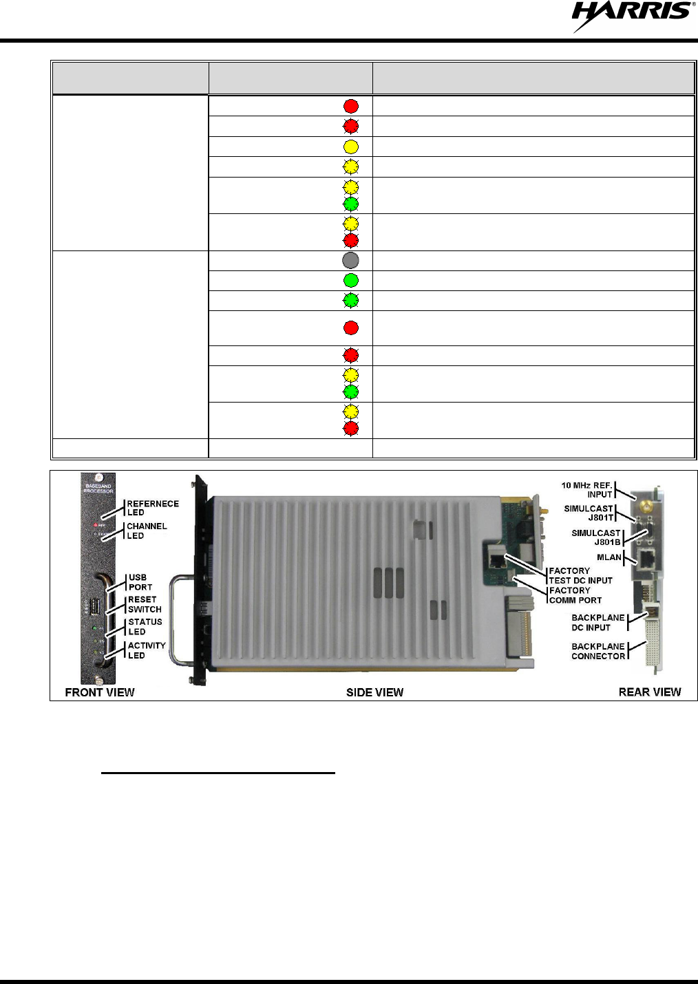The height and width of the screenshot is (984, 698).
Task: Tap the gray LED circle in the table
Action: pyautogui.click(x=351, y=260)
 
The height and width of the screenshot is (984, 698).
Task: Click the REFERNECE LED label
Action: pyautogui.click(x=152, y=508)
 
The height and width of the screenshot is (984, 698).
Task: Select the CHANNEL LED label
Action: pyautogui.click(x=146, y=531)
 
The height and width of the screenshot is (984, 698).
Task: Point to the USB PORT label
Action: pyautogui.click(x=140, y=582)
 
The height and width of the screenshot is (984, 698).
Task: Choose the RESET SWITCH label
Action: pyautogui.click(x=145, y=604)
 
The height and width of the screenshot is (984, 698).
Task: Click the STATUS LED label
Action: pyautogui.click(x=145, y=626)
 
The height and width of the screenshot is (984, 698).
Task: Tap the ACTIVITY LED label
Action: pyautogui.click(x=146, y=650)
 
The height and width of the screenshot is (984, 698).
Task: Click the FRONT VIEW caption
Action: pyautogui.click(x=100, y=692)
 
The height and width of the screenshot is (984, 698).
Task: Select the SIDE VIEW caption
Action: pyautogui.click(x=374, y=692)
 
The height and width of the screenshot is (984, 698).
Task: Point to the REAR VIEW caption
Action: pyautogui.click(x=649, y=692)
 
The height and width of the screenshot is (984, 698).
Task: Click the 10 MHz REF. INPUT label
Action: pyautogui.click(x=586, y=489)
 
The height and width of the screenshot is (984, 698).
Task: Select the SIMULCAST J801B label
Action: pyautogui.click(x=596, y=537)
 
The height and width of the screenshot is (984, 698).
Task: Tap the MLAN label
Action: pyautogui.click(x=609, y=557)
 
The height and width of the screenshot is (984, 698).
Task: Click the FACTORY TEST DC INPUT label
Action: pyautogui.click(x=580, y=575)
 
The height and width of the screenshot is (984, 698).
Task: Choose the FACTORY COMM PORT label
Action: pyautogui.click(x=575, y=595)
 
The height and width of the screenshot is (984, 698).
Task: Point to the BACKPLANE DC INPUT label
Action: pyautogui.click(x=597, y=622)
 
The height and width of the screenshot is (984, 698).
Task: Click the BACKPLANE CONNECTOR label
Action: pyautogui.click(x=598, y=651)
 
